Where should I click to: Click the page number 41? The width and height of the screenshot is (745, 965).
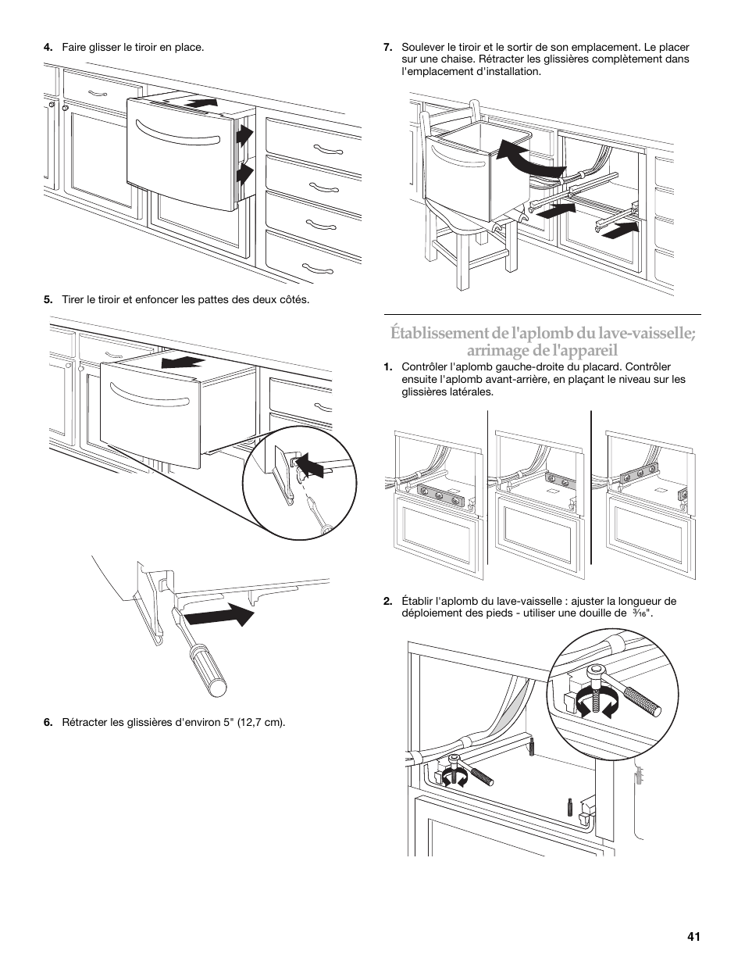coord(693,936)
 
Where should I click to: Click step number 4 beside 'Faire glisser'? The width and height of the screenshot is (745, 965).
coord(48,48)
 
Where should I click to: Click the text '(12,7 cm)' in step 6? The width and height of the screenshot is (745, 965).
coord(262,721)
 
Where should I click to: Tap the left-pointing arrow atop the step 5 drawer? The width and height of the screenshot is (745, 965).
coord(181,362)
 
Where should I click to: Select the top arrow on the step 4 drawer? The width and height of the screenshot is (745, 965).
coord(200,102)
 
